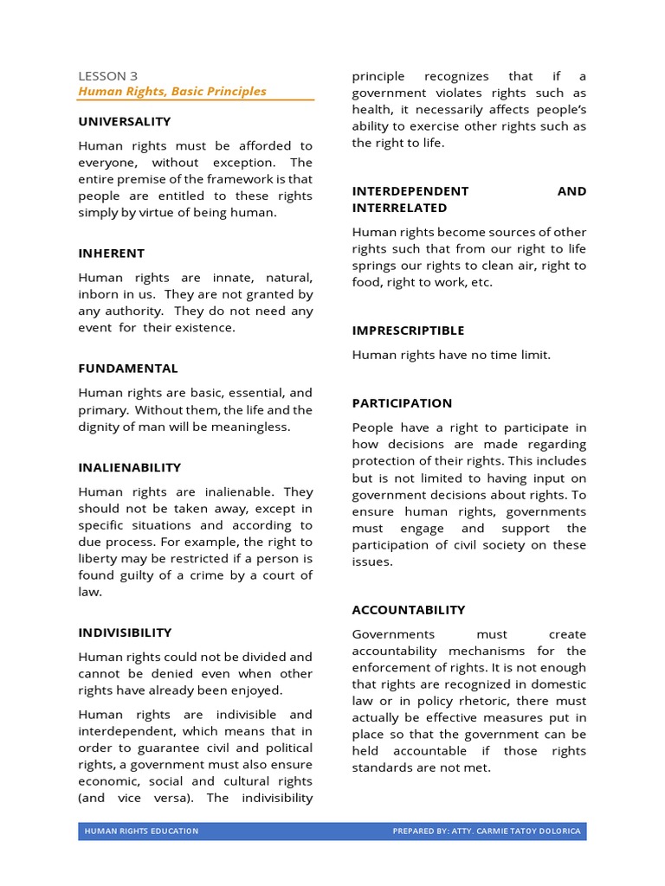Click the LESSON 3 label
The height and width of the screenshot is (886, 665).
[x=107, y=75]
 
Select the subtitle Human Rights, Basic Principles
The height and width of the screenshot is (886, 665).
[x=172, y=91]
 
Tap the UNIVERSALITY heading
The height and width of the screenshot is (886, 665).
[x=125, y=121]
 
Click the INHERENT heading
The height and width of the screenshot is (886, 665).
[x=112, y=254]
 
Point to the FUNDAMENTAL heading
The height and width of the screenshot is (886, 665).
[x=128, y=369]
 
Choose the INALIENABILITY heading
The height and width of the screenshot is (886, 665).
[x=130, y=467]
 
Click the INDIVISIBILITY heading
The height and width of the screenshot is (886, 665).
[x=126, y=632]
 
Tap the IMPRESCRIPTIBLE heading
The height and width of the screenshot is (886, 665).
[x=408, y=331]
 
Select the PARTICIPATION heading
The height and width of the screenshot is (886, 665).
[x=402, y=403]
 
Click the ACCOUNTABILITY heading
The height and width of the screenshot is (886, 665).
[x=409, y=610]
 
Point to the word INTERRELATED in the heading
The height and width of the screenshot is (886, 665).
[x=399, y=208]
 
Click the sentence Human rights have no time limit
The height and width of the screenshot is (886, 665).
[x=451, y=355]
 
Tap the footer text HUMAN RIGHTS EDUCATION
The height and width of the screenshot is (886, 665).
[x=141, y=831]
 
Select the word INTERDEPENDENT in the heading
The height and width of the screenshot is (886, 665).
[x=410, y=191]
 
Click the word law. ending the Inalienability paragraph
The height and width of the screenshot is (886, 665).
[x=90, y=593]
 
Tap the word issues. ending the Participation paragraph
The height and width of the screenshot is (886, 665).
[x=372, y=562]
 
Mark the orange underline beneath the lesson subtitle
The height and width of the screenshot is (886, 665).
[x=196, y=101]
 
